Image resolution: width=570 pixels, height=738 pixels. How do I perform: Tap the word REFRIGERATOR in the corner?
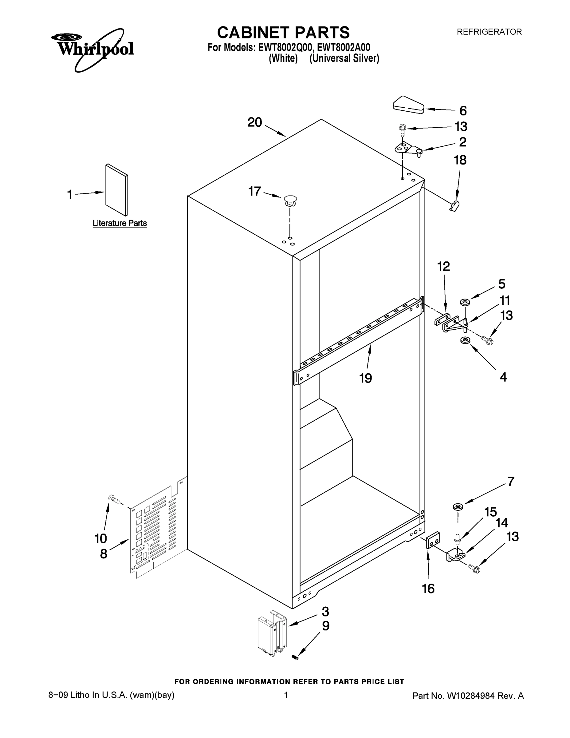489,32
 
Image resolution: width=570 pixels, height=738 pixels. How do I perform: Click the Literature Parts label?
120,223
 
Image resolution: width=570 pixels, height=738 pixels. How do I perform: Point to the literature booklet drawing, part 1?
116,190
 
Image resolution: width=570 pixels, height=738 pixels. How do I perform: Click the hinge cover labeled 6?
408,105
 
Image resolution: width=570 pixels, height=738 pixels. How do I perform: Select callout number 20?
255,122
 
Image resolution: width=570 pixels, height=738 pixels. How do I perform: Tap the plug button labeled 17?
290,201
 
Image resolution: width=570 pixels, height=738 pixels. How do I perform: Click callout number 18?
460,160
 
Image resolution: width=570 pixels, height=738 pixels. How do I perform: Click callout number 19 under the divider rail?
365,378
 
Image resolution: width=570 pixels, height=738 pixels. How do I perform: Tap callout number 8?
104,553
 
